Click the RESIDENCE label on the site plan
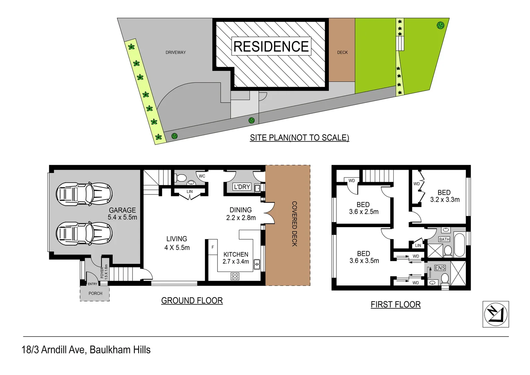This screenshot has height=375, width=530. tap(271, 47)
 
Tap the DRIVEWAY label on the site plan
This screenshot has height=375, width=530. tap(176, 52)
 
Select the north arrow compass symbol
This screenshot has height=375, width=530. tap(496, 314)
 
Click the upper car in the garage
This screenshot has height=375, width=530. tap(84, 193)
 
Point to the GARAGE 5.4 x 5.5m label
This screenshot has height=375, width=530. tap(122, 214)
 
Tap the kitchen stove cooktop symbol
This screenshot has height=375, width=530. tap(235, 276)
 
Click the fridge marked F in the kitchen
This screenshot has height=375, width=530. tap(213, 247)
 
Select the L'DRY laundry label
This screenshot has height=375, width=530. tap(242, 187)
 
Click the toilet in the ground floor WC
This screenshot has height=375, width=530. tap(181, 178)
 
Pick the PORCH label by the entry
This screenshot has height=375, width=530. tap(95, 293)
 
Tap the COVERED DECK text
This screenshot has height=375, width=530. tap(294, 224)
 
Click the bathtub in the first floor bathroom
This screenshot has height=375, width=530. tap(459, 245)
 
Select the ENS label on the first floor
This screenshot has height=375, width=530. tap(440, 268)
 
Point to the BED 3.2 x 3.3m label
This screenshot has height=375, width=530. tap(444, 196)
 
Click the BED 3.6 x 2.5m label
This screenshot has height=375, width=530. tap(364, 208)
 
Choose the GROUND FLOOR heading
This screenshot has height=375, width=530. tap(192, 301)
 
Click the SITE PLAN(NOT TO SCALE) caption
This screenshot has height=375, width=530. tap(299, 138)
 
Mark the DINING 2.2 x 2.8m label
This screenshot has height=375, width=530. tap(241, 214)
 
